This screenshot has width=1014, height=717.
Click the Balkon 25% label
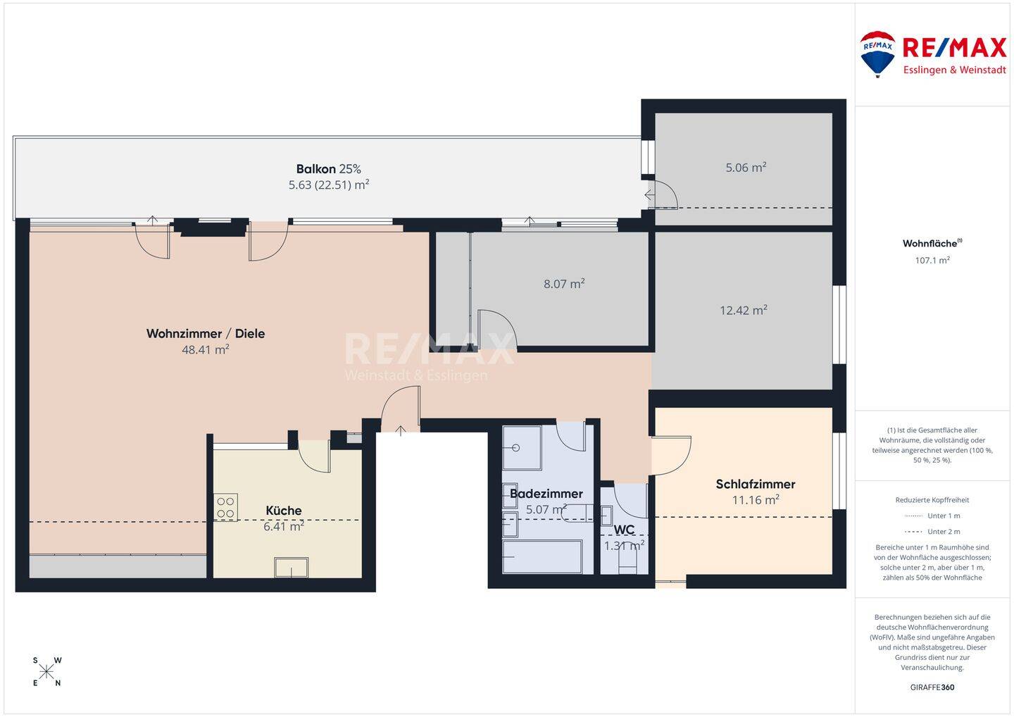(x=329, y=169)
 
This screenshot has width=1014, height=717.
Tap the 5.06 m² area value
(x=746, y=168)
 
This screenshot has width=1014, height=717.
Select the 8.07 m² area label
(x=564, y=284)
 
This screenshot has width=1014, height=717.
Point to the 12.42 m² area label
(x=744, y=310)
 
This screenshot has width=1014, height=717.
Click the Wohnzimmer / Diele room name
(x=206, y=334)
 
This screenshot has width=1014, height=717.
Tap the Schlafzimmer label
(x=756, y=484)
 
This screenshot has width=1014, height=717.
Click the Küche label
(x=284, y=510)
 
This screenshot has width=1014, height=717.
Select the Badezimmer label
(x=546, y=494)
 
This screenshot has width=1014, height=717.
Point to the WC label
(x=624, y=530)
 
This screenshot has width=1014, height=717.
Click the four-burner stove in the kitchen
(x=225, y=507)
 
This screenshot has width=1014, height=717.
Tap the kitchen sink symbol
(x=291, y=567)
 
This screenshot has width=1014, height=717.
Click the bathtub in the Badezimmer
(x=542, y=556)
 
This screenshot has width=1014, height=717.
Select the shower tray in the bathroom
(x=522, y=448)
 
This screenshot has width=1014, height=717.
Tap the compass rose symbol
(x=46, y=672)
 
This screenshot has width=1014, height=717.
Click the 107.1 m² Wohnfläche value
(x=932, y=261)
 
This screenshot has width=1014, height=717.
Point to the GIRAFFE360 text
(x=932, y=687)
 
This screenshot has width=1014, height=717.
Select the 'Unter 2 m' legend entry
(x=932, y=532)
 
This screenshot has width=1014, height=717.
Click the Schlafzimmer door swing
(x=671, y=456)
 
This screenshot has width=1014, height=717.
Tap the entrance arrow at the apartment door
(x=401, y=430)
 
